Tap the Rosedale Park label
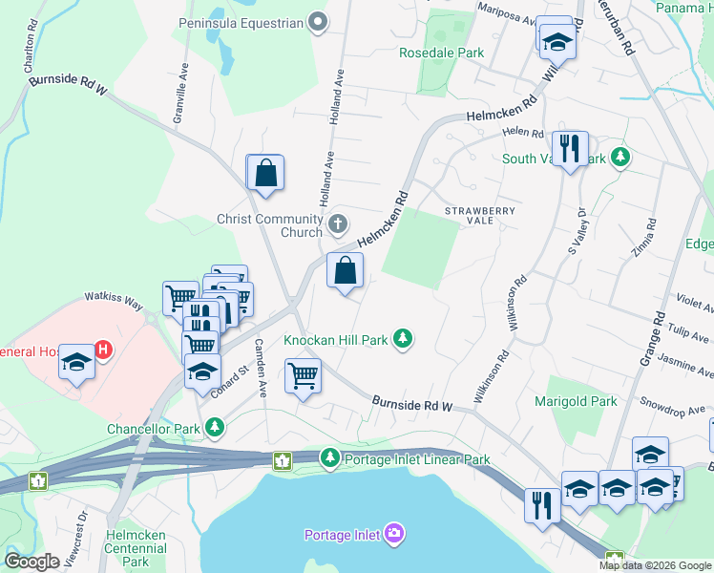pos(441,53)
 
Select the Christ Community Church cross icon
pos(337,225)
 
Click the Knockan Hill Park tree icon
pos(404,339)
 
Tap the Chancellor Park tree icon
pos(216,429)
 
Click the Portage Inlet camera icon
pos(394,533)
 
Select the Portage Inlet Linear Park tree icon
pos(330,459)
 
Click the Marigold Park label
pos(576,402)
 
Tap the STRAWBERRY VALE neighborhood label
pos(480,216)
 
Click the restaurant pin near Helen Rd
pos(570,149)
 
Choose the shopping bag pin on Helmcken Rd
pos(345,270)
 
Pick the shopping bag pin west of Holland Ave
pos(266,174)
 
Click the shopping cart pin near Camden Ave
pos(303,376)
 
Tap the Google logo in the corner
pos(31,562)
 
